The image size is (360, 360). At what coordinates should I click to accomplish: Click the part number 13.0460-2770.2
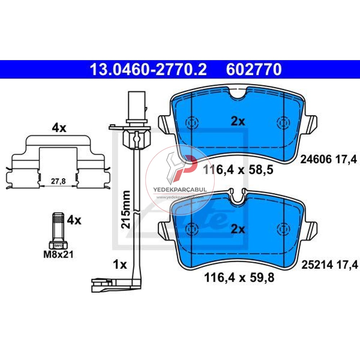(x=148, y=70)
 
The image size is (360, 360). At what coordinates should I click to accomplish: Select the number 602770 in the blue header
(x=253, y=70)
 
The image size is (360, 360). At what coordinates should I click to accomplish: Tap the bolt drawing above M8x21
(x=58, y=230)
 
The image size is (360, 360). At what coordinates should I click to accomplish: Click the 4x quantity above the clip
(x=59, y=128)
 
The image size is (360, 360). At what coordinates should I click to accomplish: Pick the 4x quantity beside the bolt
(x=74, y=220)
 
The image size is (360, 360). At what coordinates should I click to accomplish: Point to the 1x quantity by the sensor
(x=120, y=265)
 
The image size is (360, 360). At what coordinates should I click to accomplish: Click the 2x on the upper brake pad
(x=238, y=121)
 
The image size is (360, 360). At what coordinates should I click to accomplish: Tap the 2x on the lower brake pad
(x=238, y=229)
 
